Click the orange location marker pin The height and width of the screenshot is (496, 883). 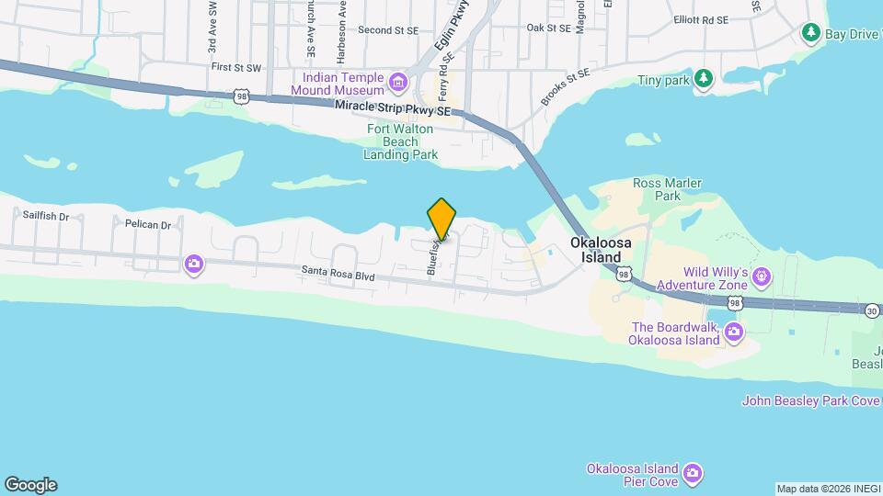[x=441, y=218]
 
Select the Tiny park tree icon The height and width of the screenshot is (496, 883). [x=703, y=79]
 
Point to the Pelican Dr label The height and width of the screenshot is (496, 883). [x=147, y=224]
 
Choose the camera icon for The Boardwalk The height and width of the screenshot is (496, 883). [x=734, y=331]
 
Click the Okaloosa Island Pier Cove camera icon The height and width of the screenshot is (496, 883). [x=693, y=474]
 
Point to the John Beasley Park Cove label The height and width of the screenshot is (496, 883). [x=812, y=400]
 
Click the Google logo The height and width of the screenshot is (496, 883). [x=30, y=484]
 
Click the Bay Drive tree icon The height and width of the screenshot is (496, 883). [x=811, y=34]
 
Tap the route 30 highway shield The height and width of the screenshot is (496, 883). [x=871, y=311]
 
